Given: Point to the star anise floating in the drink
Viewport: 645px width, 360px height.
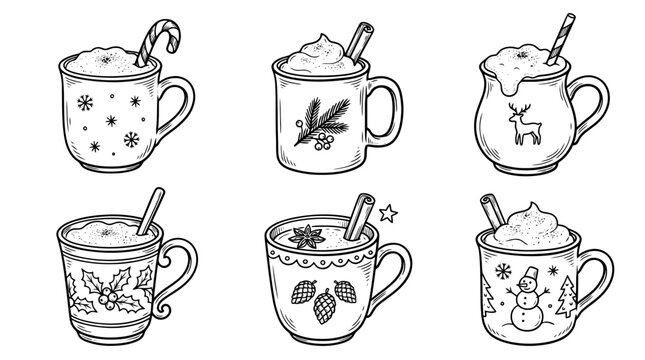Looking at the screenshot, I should pos(300,237).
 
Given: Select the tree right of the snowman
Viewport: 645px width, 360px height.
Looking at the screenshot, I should pos(569,297).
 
